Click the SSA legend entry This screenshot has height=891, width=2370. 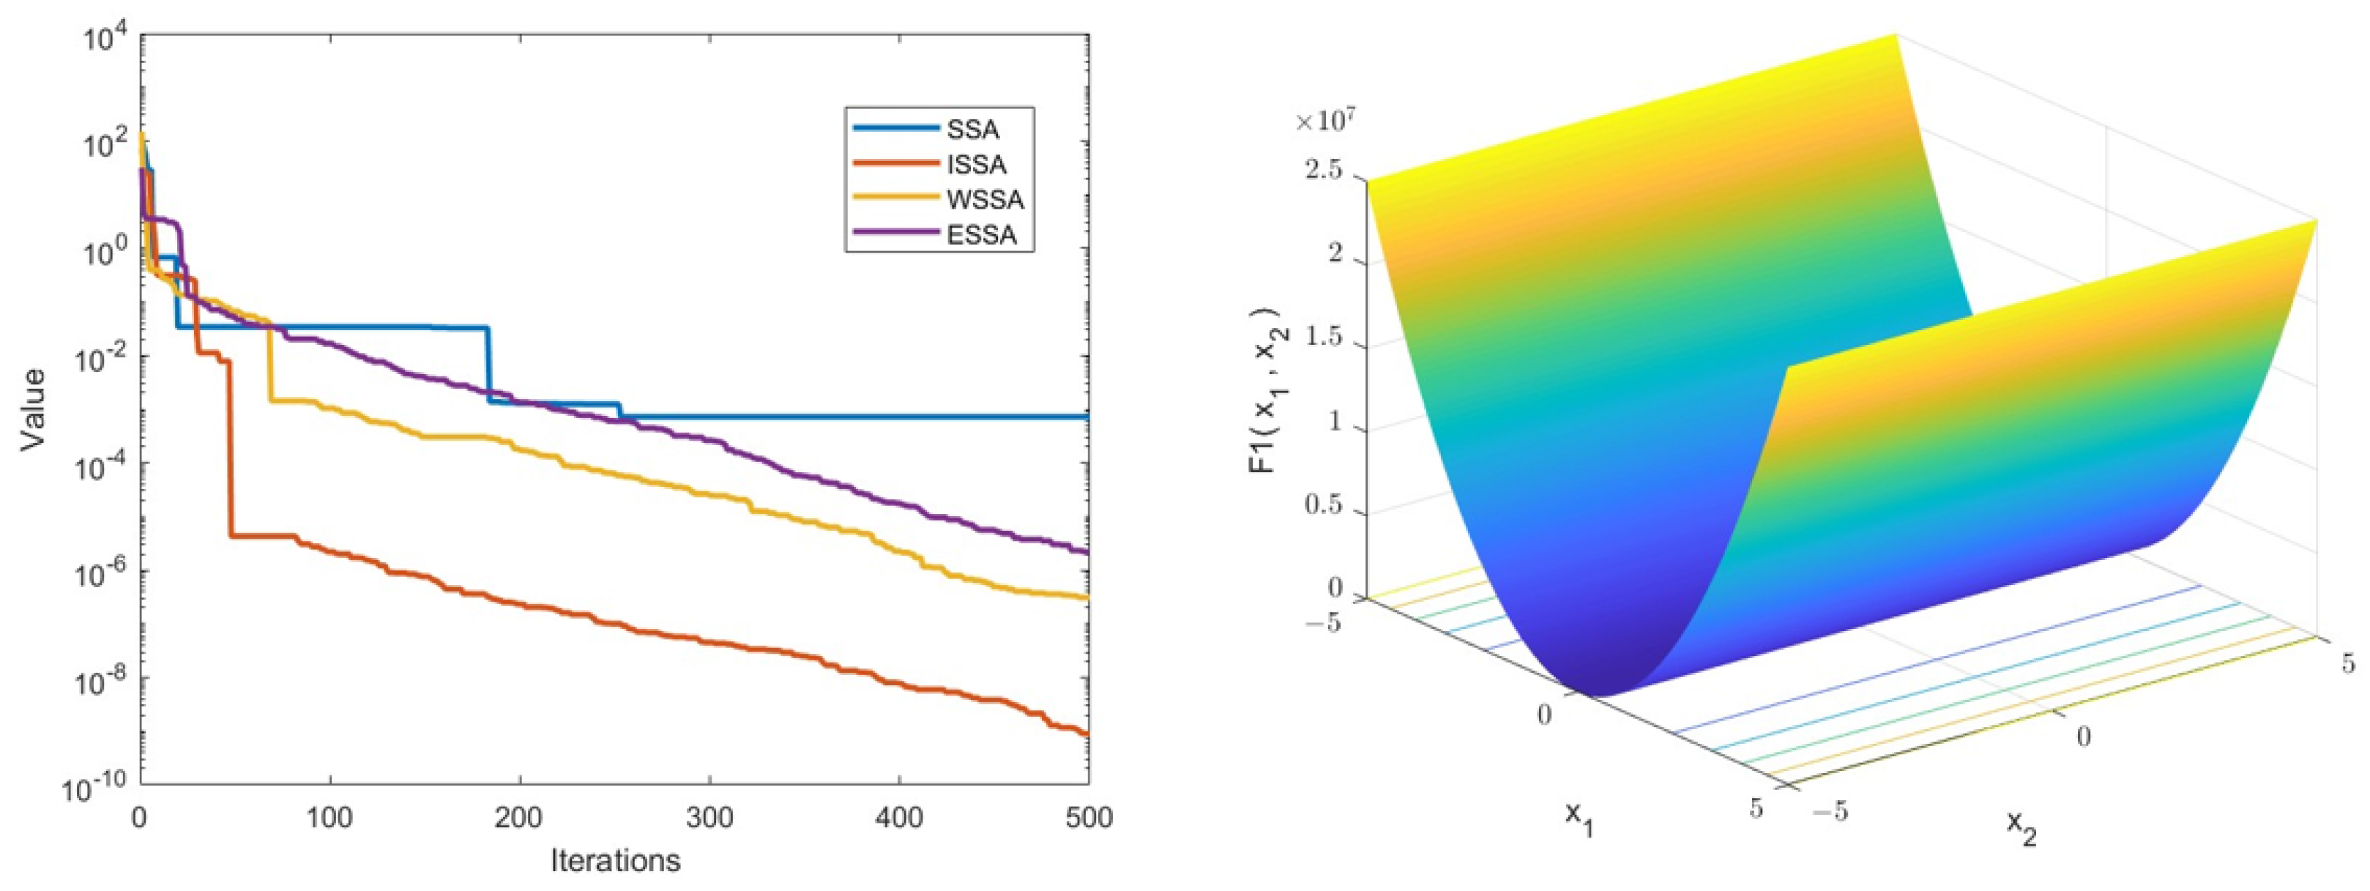pyautogui.click(x=972, y=130)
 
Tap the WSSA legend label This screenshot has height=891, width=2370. pyautogui.click(x=985, y=200)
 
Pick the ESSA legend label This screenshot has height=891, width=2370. pyautogui.click(x=982, y=235)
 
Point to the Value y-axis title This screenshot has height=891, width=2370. pyautogui.click(x=34, y=409)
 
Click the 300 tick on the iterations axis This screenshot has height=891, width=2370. pyautogui.click(x=709, y=816)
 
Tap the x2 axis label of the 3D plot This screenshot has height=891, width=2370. pyautogui.click(x=2021, y=829)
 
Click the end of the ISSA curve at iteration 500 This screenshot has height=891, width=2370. pyautogui.click(x=1087, y=734)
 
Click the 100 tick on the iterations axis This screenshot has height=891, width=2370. pyautogui.click(x=329, y=816)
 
